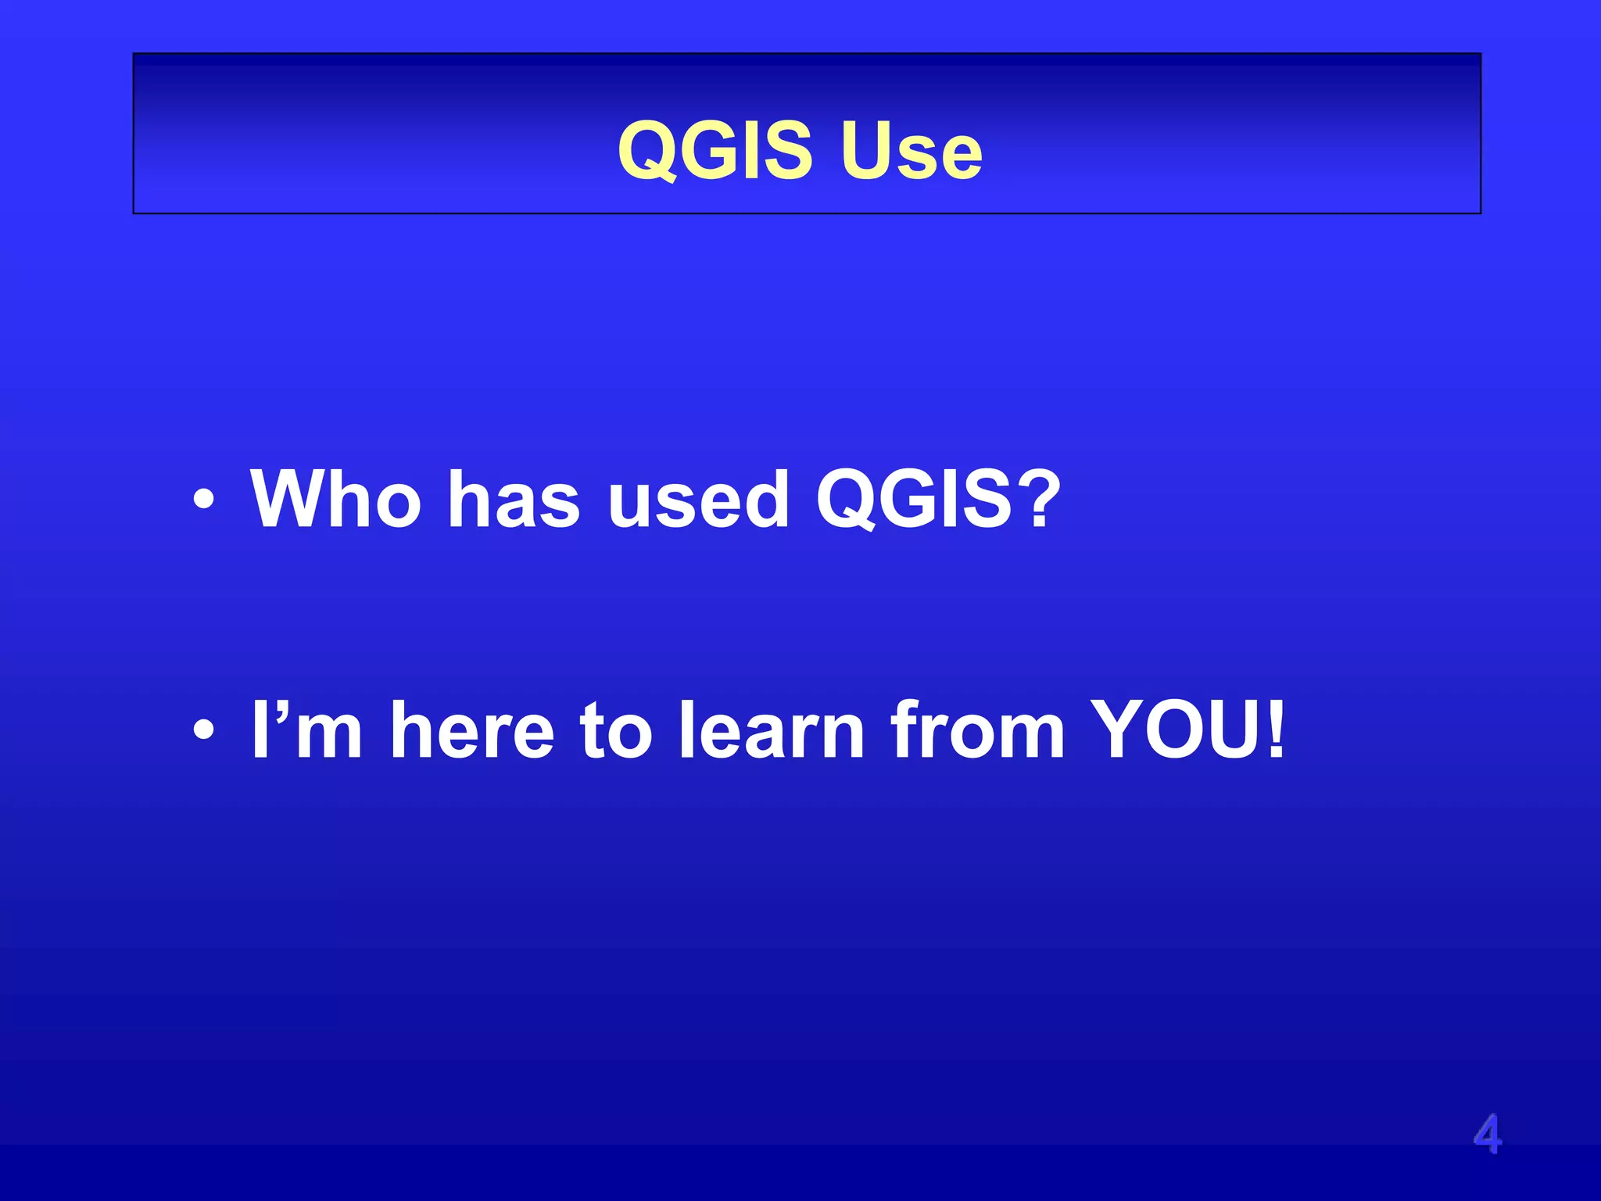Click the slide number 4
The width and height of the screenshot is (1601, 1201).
point(1487,1135)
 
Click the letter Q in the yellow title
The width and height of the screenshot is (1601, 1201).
point(648,152)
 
